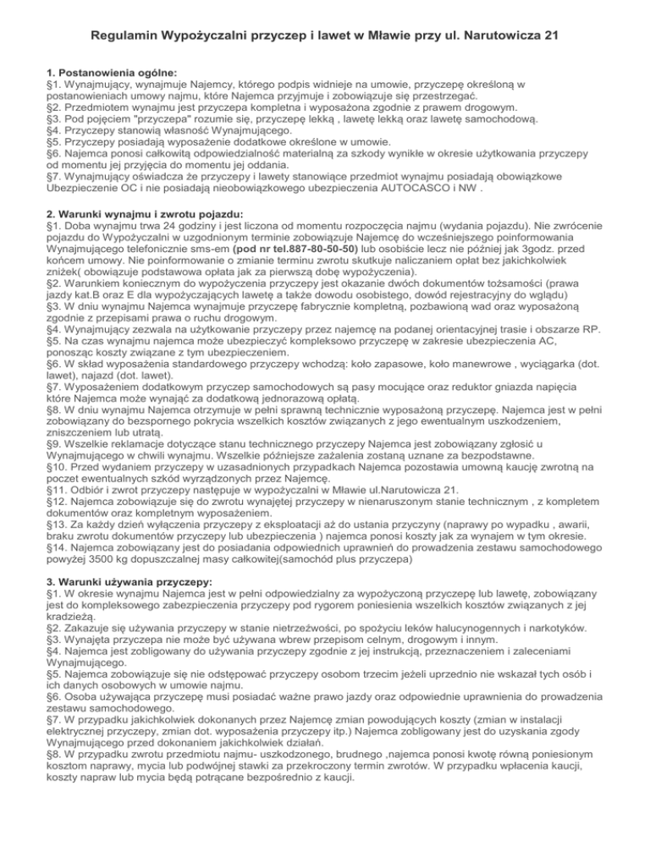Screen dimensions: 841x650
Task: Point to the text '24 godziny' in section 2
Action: [173, 217]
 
